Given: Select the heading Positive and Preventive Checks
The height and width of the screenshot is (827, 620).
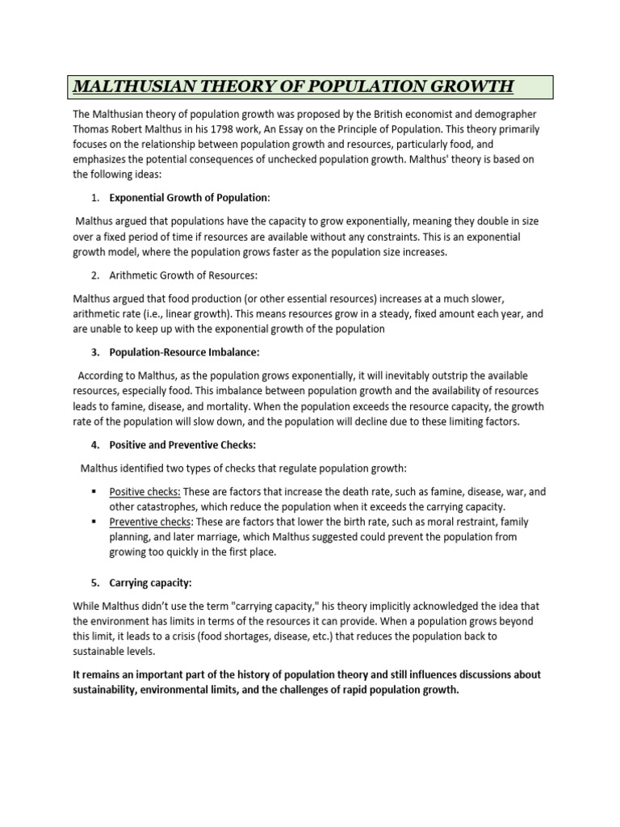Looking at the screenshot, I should tap(182, 445).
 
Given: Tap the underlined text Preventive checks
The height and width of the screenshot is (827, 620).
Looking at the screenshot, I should tap(150, 522).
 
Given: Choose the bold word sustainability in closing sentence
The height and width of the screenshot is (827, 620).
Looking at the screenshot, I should tap(111, 691).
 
